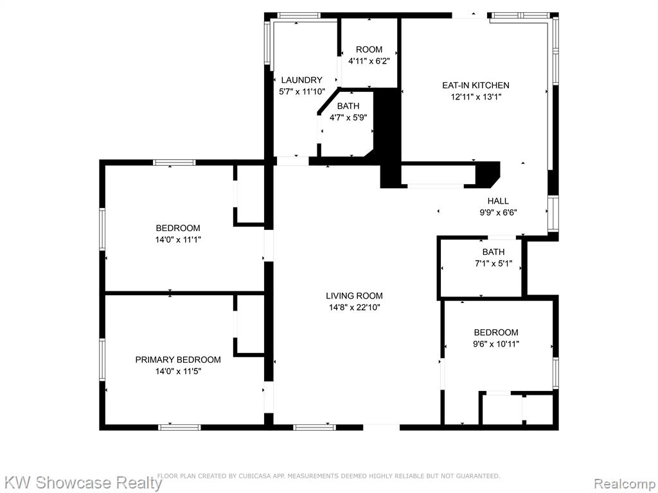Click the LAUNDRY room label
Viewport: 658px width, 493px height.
pyautogui.click(x=302, y=80)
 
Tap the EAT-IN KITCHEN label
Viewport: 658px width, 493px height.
pyautogui.click(x=476, y=85)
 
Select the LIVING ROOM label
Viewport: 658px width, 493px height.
pyautogui.click(x=354, y=296)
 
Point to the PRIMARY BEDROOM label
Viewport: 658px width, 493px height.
pyautogui.click(x=178, y=359)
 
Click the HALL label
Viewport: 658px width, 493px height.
pyautogui.click(x=498, y=201)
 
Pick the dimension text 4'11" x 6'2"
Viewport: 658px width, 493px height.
pyautogui.click(x=369, y=61)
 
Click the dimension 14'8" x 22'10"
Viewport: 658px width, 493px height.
pyautogui.click(x=355, y=307)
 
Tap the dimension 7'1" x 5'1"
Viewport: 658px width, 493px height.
pyautogui.click(x=493, y=264)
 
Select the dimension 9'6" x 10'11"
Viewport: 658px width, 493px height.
pyautogui.click(x=497, y=344)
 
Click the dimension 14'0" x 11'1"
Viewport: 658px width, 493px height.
pyautogui.click(x=178, y=240)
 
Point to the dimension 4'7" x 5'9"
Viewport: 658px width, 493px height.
pyautogui.click(x=348, y=118)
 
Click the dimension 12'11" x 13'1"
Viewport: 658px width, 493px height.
pyautogui.click(x=476, y=98)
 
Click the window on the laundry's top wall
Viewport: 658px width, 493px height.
pyautogui.click(x=299, y=15)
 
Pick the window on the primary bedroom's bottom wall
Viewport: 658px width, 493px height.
pyautogui.click(x=179, y=427)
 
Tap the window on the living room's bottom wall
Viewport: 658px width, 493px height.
pyautogui.click(x=314, y=427)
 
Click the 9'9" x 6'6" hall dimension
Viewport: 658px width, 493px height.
pyautogui.click(x=498, y=212)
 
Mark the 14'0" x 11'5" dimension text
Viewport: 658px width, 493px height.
pyautogui.click(x=178, y=372)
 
